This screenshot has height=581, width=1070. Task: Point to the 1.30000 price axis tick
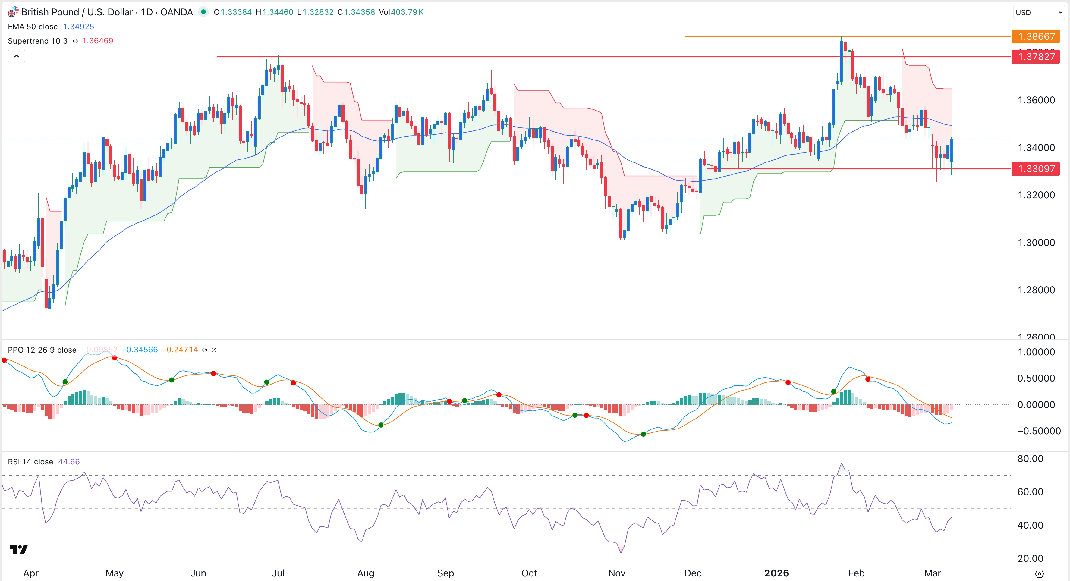[1036, 243]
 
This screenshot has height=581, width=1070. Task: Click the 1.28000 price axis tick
[1036, 290]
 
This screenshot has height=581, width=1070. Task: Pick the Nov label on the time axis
[616, 573]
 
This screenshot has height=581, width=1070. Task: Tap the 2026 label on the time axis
[776, 573]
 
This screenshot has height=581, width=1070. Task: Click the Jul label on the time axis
[278, 573]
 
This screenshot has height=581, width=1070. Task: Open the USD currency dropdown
[1038, 12]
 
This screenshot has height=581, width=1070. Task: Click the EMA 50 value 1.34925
[78, 27]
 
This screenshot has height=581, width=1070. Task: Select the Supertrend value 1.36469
[98, 41]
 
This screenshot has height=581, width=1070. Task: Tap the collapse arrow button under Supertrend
[17, 56]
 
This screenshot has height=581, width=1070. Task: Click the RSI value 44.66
[69, 462]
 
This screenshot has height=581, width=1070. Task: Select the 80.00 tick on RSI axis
[1030, 459]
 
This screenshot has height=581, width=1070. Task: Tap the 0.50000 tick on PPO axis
[1036, 378]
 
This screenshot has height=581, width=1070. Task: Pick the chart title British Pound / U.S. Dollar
[77, 12]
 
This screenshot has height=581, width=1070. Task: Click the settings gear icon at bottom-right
[1039, 573]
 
